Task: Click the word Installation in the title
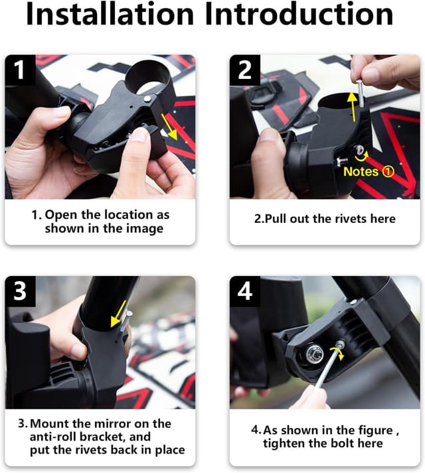tap(110, 16)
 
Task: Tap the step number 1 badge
tap(21, 70)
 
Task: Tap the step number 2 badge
tap(245, 70)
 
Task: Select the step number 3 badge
tap(21, 291)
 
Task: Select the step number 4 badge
tap(245, 291)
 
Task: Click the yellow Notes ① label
tap(369, 172)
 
